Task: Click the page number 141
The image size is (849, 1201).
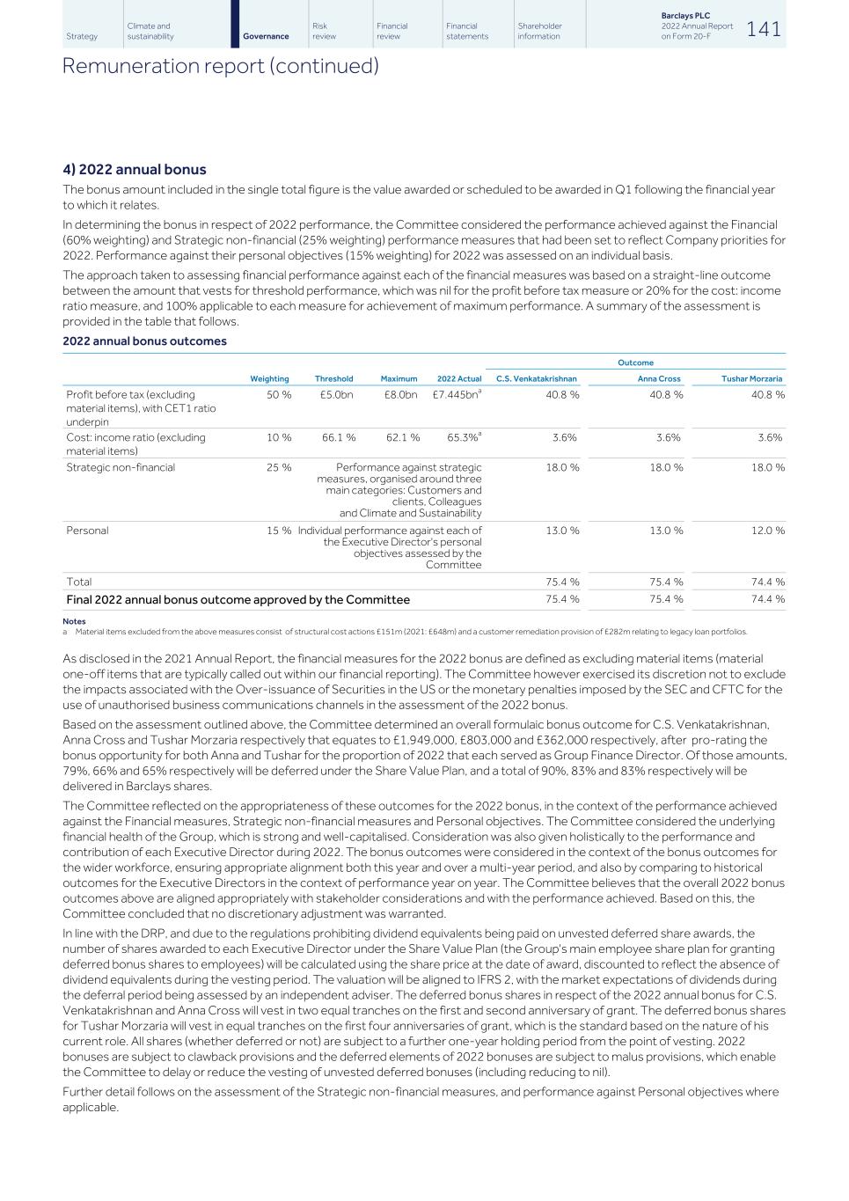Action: pos(763,29)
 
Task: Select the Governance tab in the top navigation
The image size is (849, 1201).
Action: pos(266,36)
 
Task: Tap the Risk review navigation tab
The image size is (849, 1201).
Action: pos(324,31)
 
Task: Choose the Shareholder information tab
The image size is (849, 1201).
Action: pos(539,31)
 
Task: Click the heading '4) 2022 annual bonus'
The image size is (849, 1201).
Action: pos(135,169)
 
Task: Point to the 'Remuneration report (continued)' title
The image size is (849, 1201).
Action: pos(221,66)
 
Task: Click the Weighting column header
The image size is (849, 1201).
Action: pos(269,378)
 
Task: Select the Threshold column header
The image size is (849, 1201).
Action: pos(333,378)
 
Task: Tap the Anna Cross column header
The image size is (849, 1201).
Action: pos(659,378)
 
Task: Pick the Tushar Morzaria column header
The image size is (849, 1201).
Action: pos(751,378)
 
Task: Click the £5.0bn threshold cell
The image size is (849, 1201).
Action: pos(336,395)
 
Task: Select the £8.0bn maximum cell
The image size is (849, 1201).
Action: pos(400,395)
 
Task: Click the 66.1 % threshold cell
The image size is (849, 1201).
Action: pos(339,437)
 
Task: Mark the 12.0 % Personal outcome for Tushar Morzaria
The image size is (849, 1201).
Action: pos(767,531)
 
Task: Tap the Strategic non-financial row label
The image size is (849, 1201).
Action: pos(121,467)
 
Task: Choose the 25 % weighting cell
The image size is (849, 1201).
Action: pos(279,467)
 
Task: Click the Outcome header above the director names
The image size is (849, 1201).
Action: pos(635,362)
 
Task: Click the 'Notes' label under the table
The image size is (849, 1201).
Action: pos(74,621)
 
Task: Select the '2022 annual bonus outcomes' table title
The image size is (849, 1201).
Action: pos(144,341)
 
